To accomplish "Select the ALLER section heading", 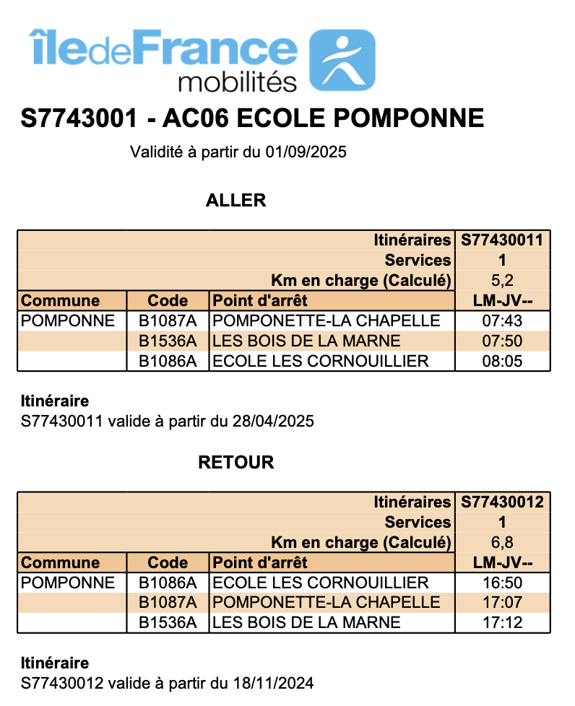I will pyautogui.click(x=236, y=201).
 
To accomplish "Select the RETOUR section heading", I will pyautogui.click(x=236, y=463).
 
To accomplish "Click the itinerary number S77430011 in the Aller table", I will pyautogui.click(x=502, y=240).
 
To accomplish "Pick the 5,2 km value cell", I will pyautogui.click(x=502, y=281).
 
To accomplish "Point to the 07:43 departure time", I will pyautogui.click(x=502, y=321).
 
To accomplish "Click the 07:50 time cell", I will pyautogui.click(x=502, y=341).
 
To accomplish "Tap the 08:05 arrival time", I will pyautogui.click(x=502, y=361).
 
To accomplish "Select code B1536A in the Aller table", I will pyautogui.click(x=168, y=341).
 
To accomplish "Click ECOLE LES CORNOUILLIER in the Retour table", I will pyautogui.click(x=321, y=583).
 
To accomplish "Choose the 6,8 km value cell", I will pyautogui.click(x=502, y=542).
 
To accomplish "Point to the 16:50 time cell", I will pyautogui.click(x=502, y=583).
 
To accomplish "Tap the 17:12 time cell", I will pyautogui.click(x=502, y=622).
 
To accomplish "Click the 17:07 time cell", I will pyautogui.click(x=502, y=602).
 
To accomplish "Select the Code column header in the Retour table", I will pyautogui.click(x=168, y=562).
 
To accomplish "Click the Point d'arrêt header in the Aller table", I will pyautogui.click(x=260, y=301).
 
